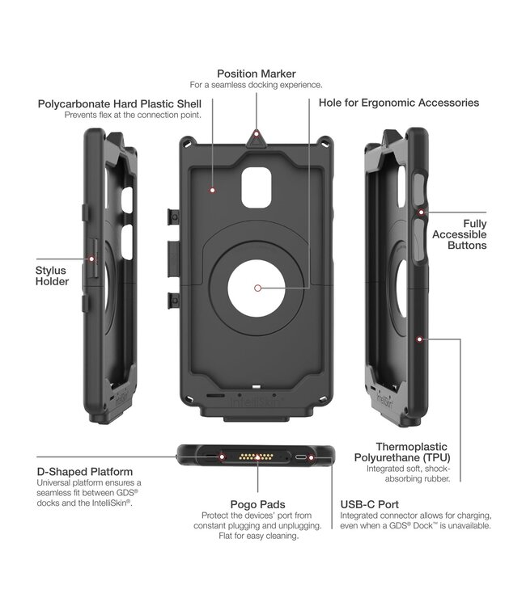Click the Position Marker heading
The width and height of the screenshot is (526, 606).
pos(256,74)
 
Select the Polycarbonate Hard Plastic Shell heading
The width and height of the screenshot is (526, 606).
pos(119,104)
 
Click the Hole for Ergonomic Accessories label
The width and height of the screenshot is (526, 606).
pos(399,103)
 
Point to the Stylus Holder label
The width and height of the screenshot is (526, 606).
pos(52,276)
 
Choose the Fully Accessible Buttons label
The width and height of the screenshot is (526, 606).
pos(474,234)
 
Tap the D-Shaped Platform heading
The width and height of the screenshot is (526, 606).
pos(85,471)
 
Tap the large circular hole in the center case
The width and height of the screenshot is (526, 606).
pos(257,288)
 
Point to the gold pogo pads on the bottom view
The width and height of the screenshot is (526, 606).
pos(257,457)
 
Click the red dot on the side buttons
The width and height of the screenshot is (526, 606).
pos(422,212)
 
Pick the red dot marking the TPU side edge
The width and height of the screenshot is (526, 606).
pos(420,340)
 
